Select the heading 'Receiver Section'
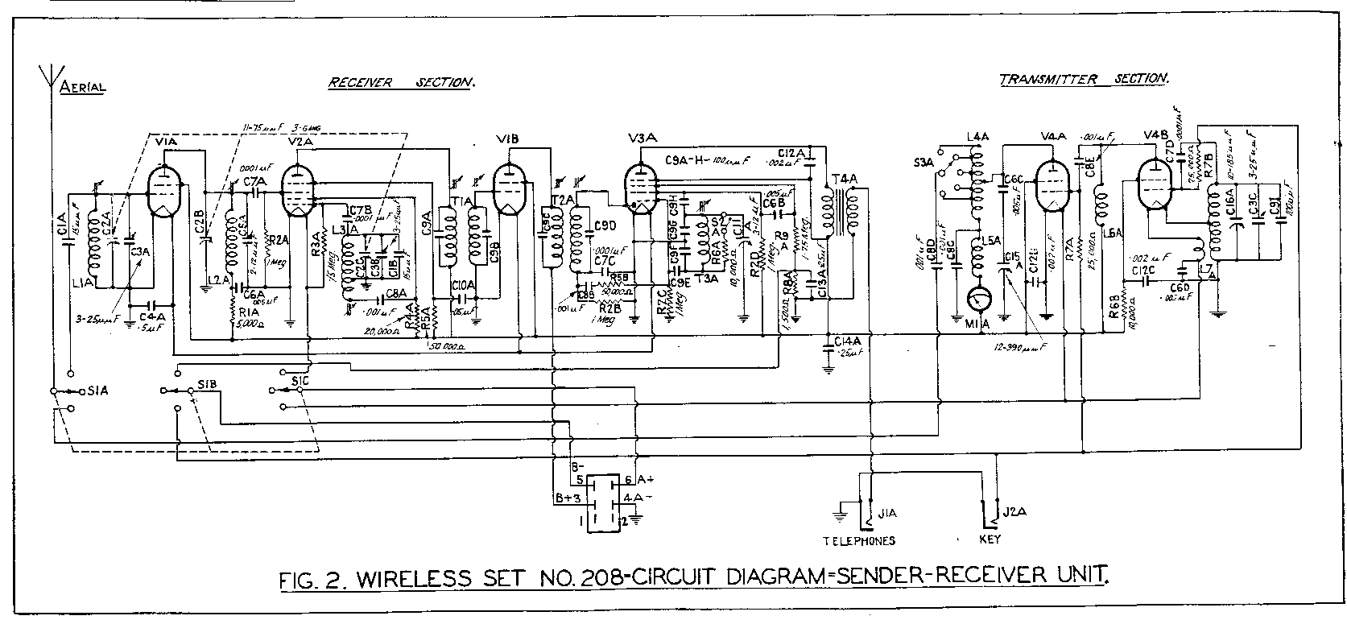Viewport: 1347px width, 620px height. point(401,82)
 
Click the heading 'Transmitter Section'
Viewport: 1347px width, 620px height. point(1084,80)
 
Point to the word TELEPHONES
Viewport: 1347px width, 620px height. point(858,541)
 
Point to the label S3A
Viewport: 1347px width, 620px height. point(925,162)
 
